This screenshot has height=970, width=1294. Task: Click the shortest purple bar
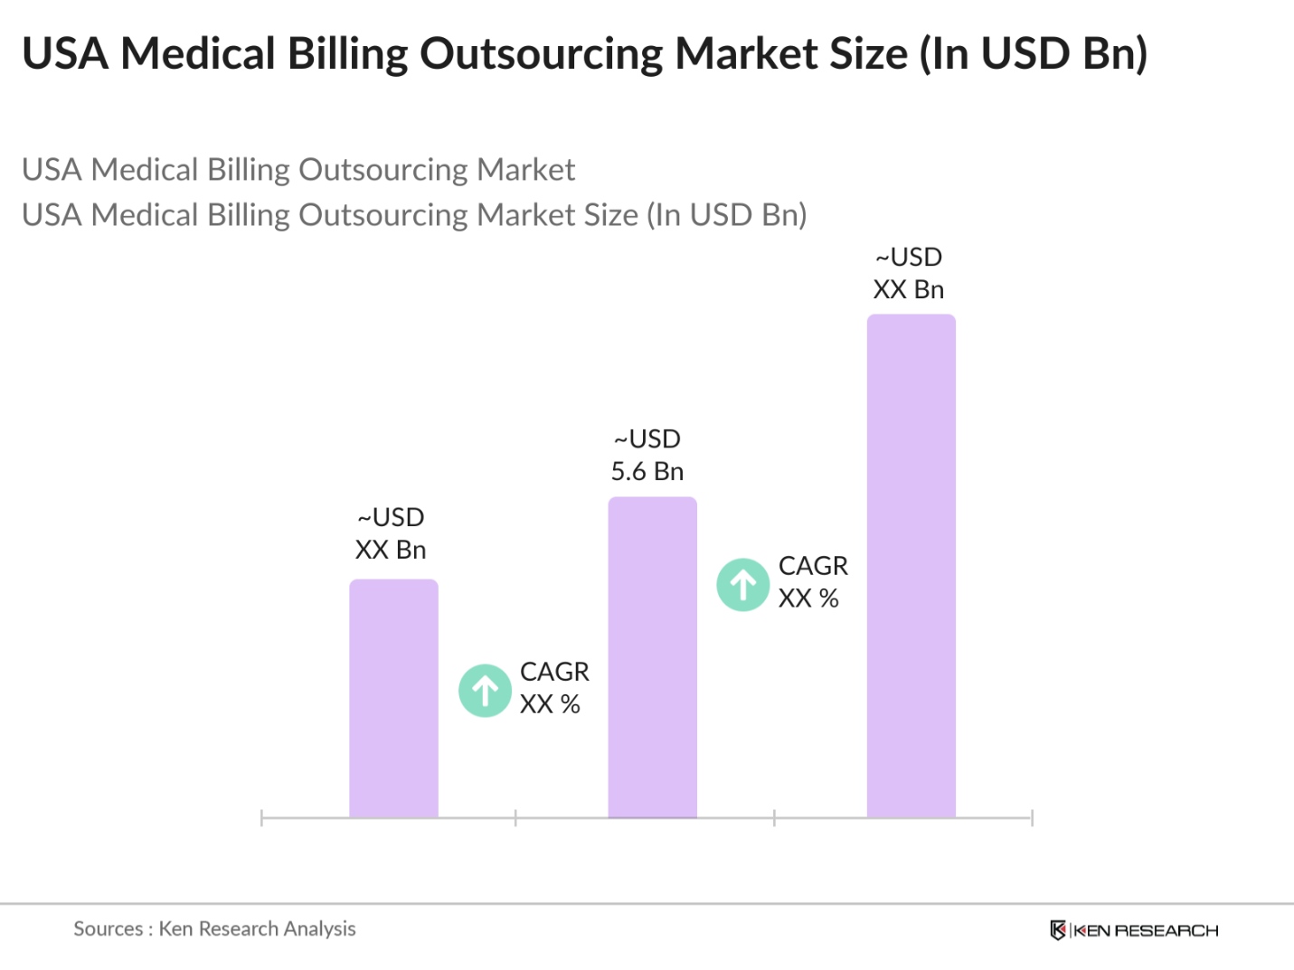coord(393,698)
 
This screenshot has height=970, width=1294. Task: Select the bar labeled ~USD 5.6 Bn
coord(652,657)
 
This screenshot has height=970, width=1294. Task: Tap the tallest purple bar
coord(911,566)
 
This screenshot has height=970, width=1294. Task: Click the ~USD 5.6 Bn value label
coord(647,455)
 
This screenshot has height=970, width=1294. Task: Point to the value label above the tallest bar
coord(909,273)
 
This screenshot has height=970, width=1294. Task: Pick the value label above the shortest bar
coord(391,533)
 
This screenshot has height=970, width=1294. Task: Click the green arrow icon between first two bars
coord(486,691)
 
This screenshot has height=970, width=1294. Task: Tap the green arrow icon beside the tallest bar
coord(743,585)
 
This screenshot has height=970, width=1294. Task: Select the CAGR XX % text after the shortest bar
coord(553,688)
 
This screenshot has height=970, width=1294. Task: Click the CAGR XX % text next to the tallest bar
coord(812,582)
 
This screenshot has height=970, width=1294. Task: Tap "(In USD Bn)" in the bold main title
coord(1033,53)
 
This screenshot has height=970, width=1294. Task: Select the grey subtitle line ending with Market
coord(298,170)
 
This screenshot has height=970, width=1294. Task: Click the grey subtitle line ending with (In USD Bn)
coord(414,215)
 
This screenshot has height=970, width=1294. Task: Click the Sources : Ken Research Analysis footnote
coord(214,928)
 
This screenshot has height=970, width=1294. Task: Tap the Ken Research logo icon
coord(1057,930)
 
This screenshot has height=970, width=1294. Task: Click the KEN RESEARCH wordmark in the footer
coord(1146,930)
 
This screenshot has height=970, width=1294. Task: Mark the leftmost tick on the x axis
coord(261,818)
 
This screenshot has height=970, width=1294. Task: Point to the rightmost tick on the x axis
coord(1032,818)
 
